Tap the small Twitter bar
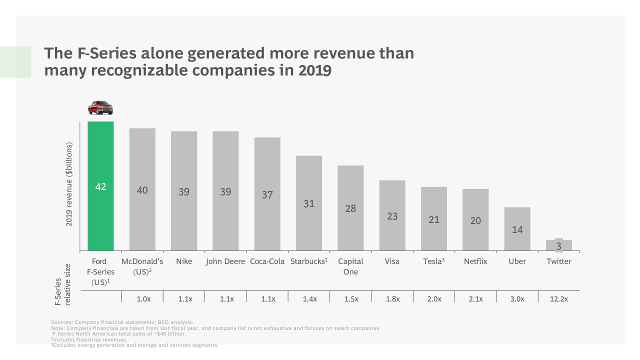pyautogui.click(x=559, y=245)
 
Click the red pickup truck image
pyautogui.click(x=100, y=107)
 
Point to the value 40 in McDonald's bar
pyautogui.click(x=142, y=190)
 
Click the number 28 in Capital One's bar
pyautogui.click(x=350, y=208)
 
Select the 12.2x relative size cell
pyautogui.click(x=559, y=298)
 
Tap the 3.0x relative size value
pyautogui.click(x=517, y=298)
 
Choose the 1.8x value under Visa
pyautogui.click(x=392, y=298)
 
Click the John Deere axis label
pyautogui.click(x=225, y=261)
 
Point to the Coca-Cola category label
pyautogui.click(x=267, y=261)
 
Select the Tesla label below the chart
pyautogui.click(x=433, y=261)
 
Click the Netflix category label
pyautogui.click(x=475, y=261)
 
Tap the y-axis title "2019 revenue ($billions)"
pyautogui.click(x=69, y=184)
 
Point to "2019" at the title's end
pyautogui.click(x=315, y=70)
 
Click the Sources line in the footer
pyautogui.click(x=122, y=322)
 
